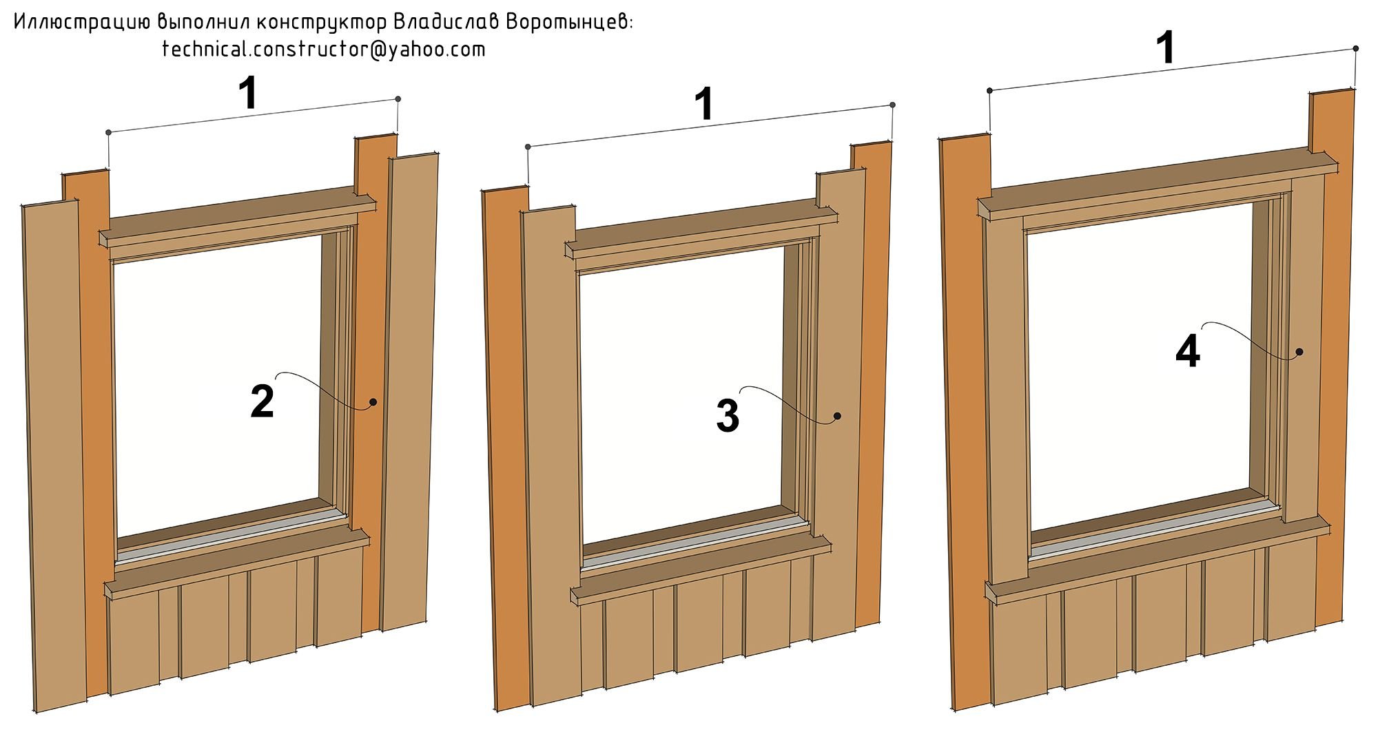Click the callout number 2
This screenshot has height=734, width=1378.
263,402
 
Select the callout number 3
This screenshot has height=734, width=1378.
728,416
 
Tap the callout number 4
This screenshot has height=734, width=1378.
1188,351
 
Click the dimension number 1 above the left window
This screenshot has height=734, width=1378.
249,94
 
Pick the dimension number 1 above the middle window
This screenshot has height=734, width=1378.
703,105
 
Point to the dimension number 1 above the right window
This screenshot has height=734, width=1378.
1165,49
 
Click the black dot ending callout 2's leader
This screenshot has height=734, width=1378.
373,402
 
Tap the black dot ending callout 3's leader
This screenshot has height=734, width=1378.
837,416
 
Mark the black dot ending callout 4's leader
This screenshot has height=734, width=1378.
1299,352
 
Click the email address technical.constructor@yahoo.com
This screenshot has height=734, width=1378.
324,50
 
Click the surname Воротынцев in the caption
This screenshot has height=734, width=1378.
568,22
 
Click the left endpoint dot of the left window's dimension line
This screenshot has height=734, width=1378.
108,132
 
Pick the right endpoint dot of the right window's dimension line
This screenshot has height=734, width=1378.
1356,49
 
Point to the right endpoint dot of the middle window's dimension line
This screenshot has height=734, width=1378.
893,105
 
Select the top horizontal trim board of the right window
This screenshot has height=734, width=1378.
1158,185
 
